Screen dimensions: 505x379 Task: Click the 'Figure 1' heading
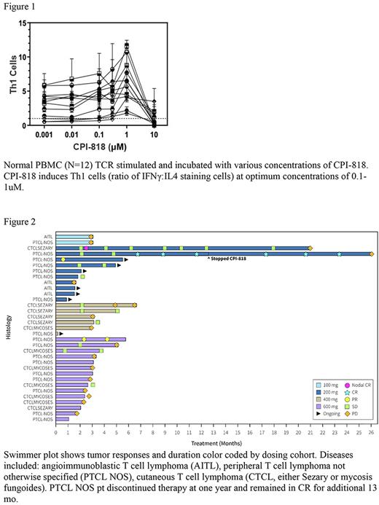click(20, 6)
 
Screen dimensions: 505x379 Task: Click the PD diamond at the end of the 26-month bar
click(372, 254)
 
